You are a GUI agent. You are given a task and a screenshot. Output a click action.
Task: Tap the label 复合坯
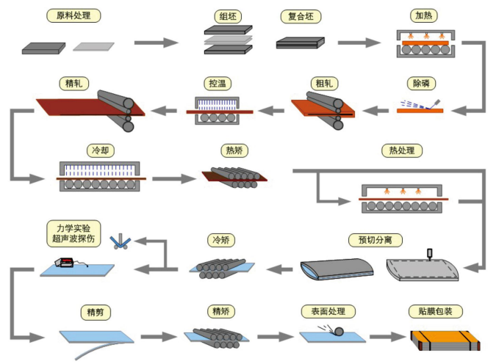(x=298, y=15)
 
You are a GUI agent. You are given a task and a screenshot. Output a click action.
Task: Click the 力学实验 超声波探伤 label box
(x=73, y=233)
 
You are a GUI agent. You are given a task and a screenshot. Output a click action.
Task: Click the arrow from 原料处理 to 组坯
(x=156, y=43)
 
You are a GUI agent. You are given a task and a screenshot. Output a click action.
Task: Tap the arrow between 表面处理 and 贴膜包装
(x=387, y=337)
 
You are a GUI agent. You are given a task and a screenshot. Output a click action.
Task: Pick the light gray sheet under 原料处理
(x=94, y=45)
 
